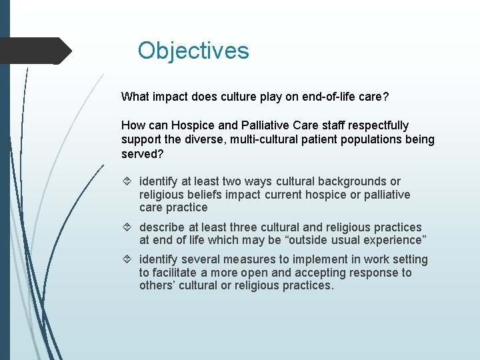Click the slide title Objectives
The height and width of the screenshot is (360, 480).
click(x=193, y=51)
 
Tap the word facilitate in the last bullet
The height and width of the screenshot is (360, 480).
click(x=173, y=273)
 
